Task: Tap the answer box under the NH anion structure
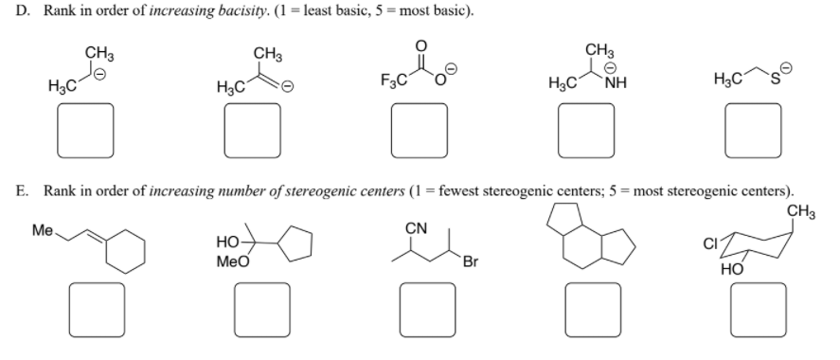587,130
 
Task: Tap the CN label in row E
415,228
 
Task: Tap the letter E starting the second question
20,190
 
